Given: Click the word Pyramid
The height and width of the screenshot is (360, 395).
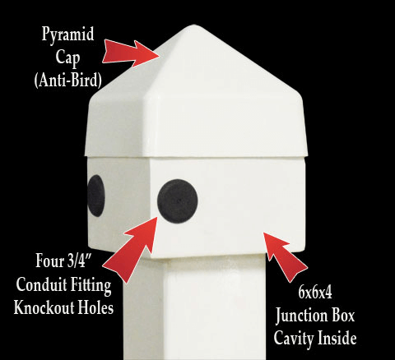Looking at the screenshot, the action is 67,35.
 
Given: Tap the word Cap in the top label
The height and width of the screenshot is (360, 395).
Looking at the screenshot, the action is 67,58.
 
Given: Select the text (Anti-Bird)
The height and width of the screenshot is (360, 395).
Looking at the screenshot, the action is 68,81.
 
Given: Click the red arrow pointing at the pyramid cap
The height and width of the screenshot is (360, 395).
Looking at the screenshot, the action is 131,53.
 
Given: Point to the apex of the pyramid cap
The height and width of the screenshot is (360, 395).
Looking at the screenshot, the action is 194,26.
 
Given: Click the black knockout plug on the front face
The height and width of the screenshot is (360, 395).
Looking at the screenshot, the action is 178,201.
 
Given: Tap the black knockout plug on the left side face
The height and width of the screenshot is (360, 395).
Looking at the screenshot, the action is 96,196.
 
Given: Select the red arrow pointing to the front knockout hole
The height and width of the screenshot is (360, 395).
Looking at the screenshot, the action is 130,249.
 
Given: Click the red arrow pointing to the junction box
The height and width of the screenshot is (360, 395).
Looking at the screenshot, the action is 286,257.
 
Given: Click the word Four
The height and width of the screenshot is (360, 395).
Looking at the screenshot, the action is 49,261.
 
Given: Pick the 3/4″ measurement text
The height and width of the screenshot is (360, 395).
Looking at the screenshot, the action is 79,261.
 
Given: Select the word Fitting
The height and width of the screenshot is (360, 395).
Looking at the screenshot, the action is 87,286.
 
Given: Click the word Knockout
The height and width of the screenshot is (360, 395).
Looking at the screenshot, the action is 44,307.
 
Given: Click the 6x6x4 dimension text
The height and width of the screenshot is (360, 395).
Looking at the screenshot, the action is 315,292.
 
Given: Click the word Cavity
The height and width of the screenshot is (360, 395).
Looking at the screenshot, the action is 292,339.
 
